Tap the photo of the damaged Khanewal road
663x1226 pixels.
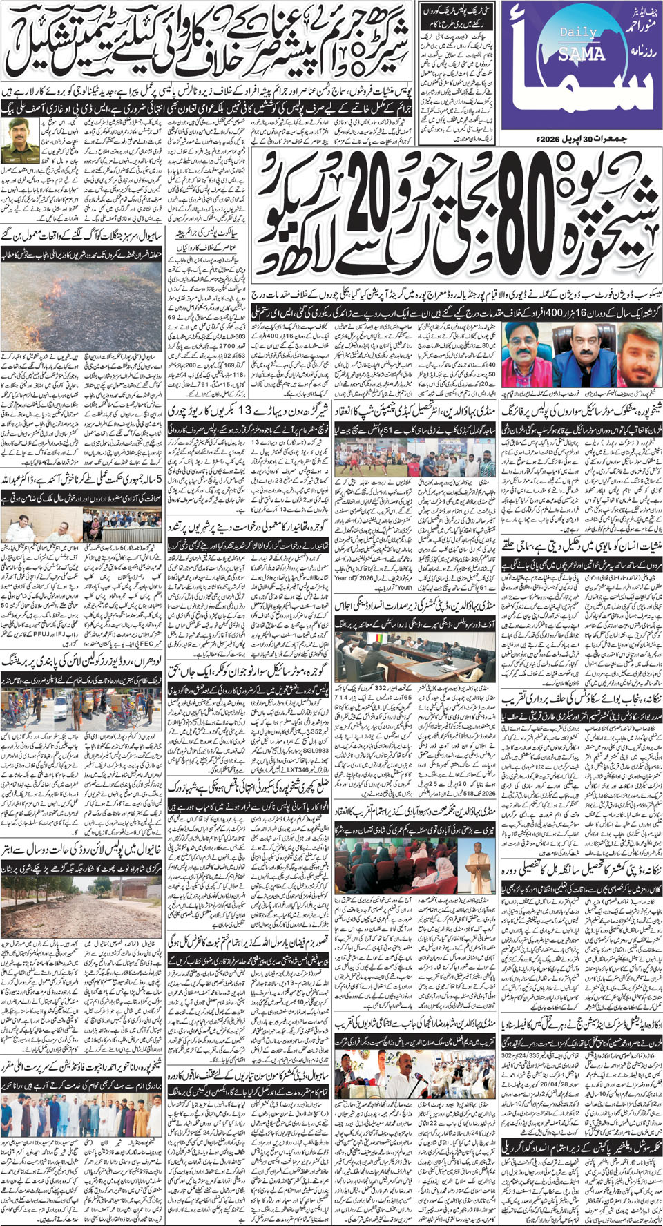coord(82,902)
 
